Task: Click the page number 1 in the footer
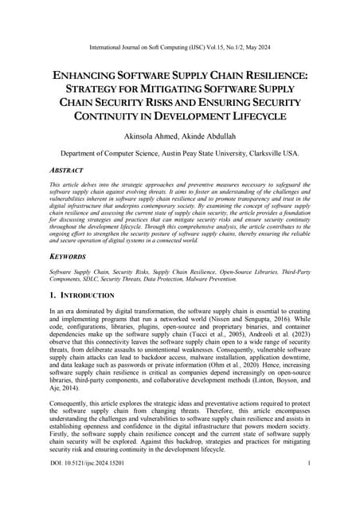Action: click(x=307, y=484)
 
